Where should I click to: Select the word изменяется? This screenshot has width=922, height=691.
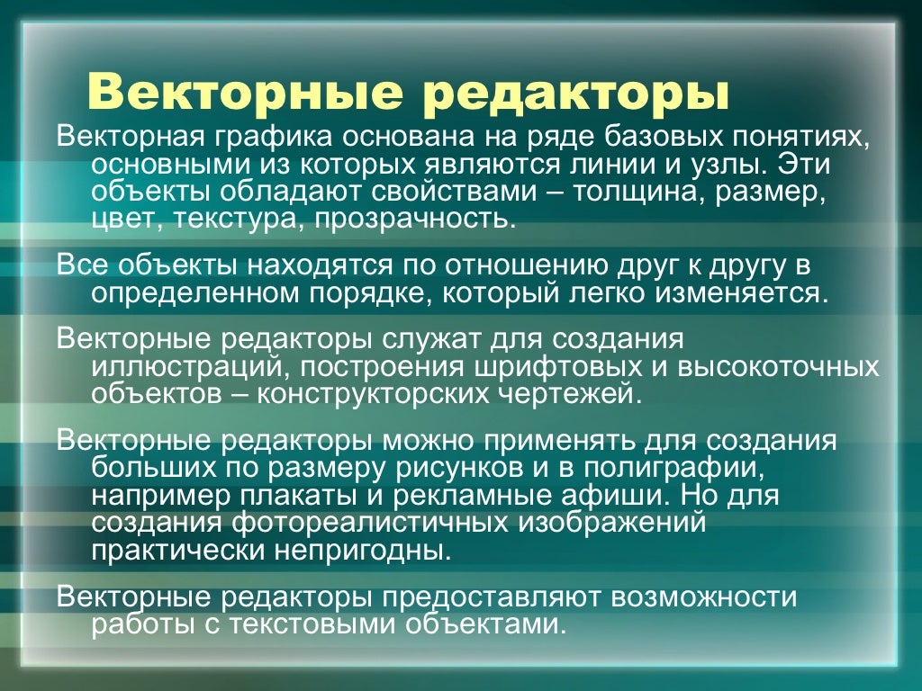737,292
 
